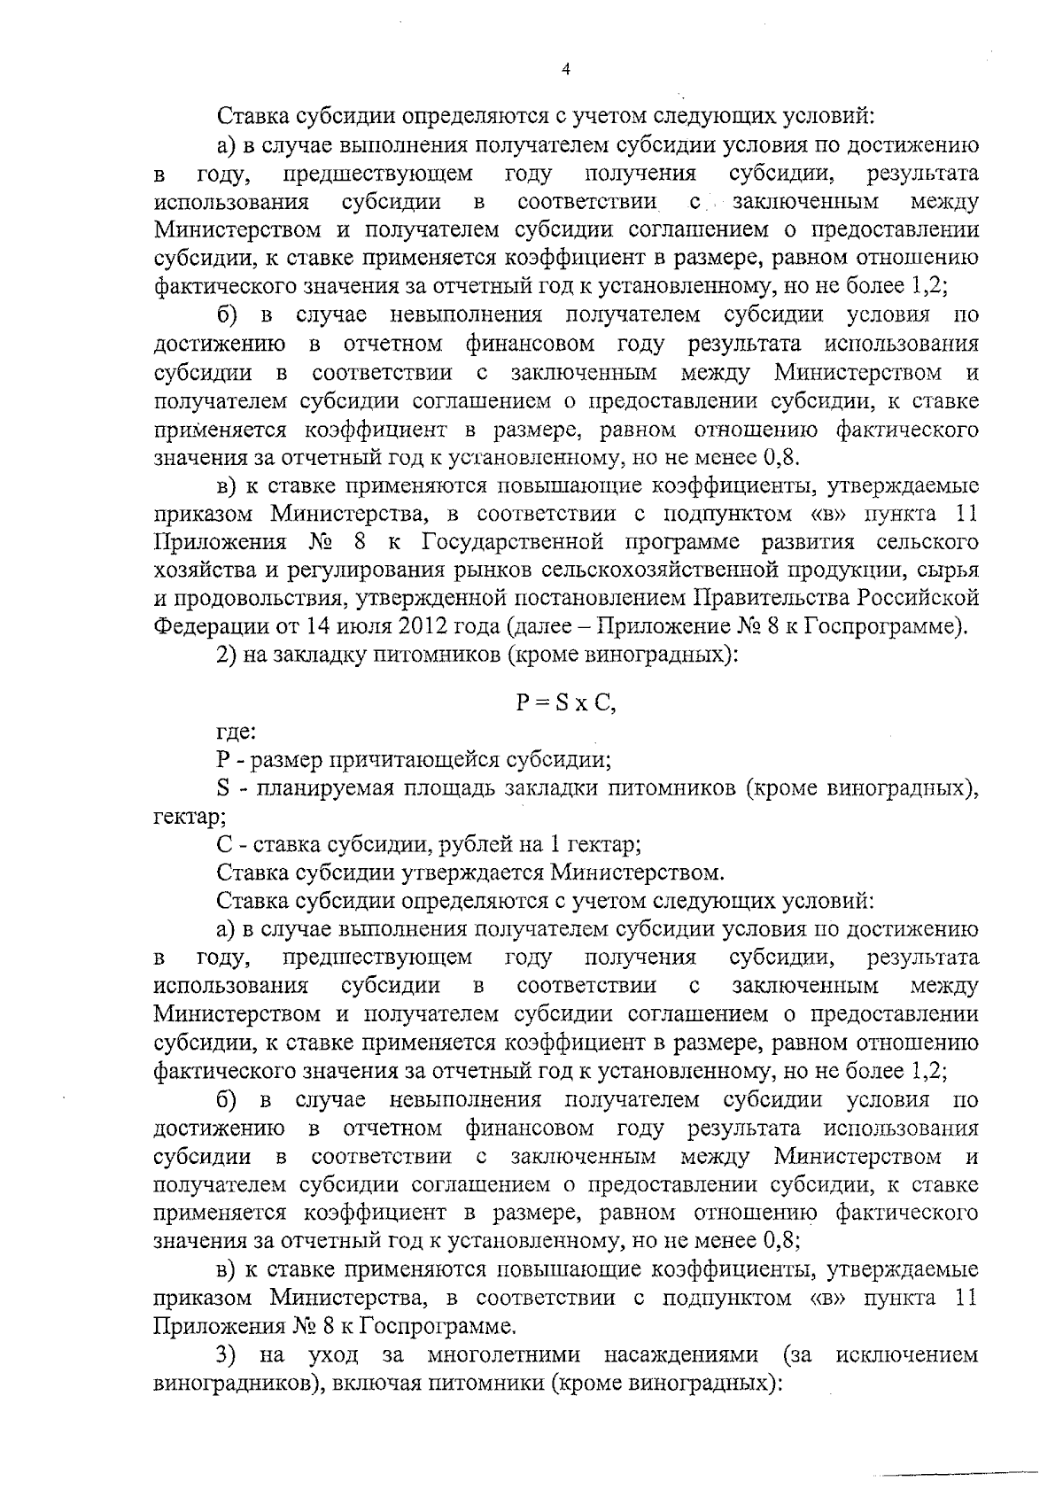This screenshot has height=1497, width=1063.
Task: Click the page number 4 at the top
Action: click(x=566, y=72)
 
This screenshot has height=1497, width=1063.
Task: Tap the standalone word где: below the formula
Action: click(x=237, y=733)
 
